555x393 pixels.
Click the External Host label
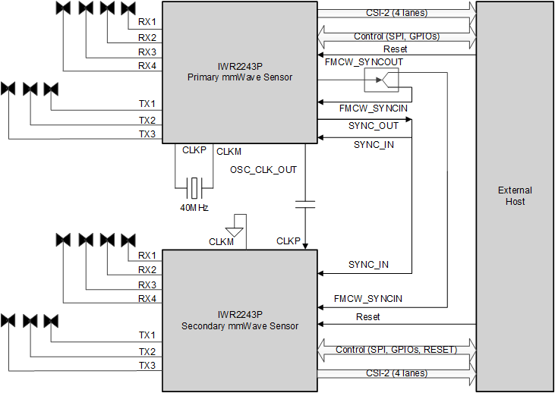[515, 196]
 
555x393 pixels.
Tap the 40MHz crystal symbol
[195, 184]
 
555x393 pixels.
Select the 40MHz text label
[195, 207]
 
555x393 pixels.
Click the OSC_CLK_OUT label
[263, 170]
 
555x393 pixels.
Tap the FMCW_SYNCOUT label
[364, 61]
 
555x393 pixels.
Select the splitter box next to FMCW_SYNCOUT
[381, 78]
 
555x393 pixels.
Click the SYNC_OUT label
[373, 126]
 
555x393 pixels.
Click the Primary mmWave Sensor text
[239, 77]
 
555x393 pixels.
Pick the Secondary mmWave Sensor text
[239, 326]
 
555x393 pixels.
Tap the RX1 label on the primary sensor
[147, 22]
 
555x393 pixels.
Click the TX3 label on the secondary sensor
[147, 366]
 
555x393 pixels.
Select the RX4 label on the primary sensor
[147, 66]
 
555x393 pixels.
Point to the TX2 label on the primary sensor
[147, 120]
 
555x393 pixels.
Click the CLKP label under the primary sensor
[194, 150]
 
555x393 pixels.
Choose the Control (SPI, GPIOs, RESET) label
[395, 350]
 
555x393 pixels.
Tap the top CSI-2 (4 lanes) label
[395, 12]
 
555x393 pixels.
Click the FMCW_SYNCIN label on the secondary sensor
[368, 300]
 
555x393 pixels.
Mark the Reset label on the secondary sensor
[368, 316]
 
